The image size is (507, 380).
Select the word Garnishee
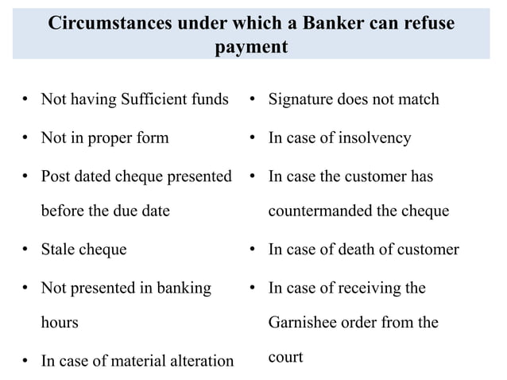[x=305, y=323]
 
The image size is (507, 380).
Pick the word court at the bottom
[x=286, y=357]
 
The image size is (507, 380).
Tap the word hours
[x=60, y=323]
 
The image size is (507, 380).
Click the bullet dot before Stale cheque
[x=25, y=250]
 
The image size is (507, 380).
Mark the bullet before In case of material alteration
[x=25, y=362]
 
